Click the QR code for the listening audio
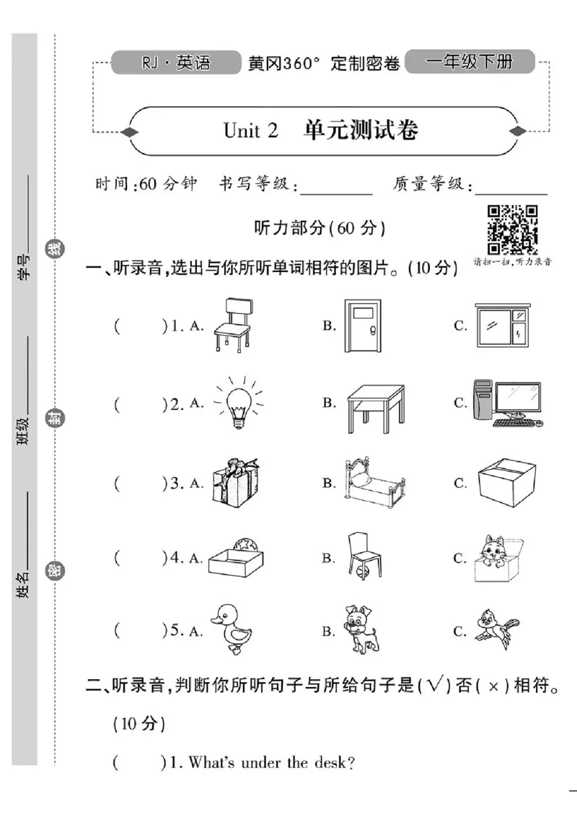[513, 229]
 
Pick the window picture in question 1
[501, 326]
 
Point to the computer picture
[506, 403]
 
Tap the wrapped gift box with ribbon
[234, 481]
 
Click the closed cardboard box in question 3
[506, 483]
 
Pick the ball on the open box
[241, 543]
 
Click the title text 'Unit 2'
[250, 131]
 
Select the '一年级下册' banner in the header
[469, 62]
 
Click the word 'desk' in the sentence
[327, 763]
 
